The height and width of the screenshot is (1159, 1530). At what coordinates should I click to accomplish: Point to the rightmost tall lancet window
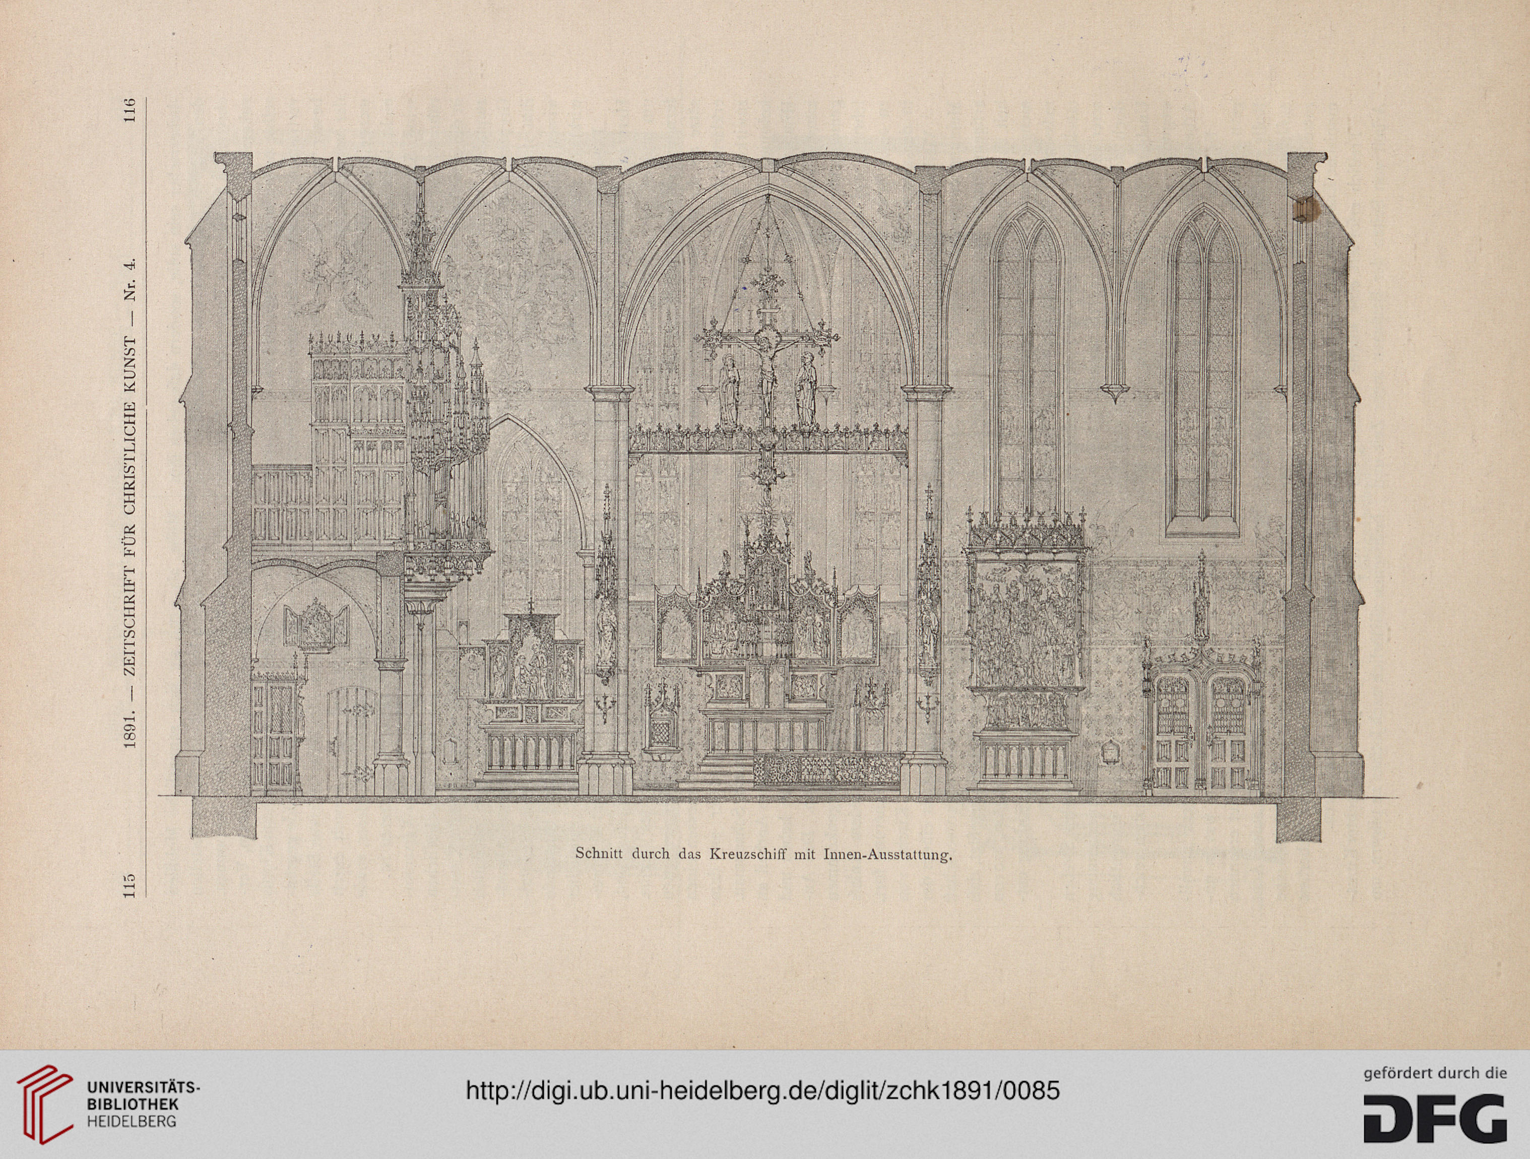[1203, 370]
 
